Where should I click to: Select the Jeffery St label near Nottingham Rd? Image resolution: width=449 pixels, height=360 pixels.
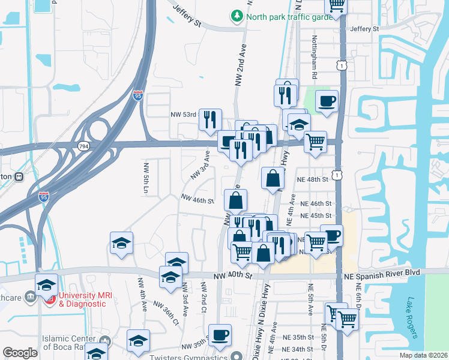365,28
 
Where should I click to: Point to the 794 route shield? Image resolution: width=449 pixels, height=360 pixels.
83,146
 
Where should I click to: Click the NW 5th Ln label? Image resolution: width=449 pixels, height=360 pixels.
145,177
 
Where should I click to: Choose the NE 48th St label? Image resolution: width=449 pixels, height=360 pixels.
313,179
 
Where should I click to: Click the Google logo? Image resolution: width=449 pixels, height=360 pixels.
20,353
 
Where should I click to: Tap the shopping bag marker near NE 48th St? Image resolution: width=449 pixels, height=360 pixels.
273,178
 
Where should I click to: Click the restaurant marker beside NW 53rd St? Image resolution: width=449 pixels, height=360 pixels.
210,119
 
